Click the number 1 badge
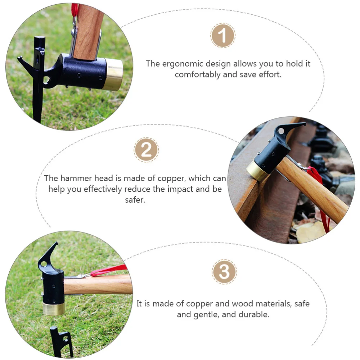pyautogui.click(x=222, y=36)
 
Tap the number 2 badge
pyautogui.click(x=146, y=150)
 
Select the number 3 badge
pyautogui.click(x=224, y=272)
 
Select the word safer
pyautogui.click(x=135, y=200)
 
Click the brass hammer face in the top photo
pyautogui.click(x=114, y=75)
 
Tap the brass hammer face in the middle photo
pyautogui.click(x=256, y=171)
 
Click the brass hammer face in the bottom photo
pyautogui.click(x=54, y=309)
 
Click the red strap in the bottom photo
pyautogui.click(x=108, y=270)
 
